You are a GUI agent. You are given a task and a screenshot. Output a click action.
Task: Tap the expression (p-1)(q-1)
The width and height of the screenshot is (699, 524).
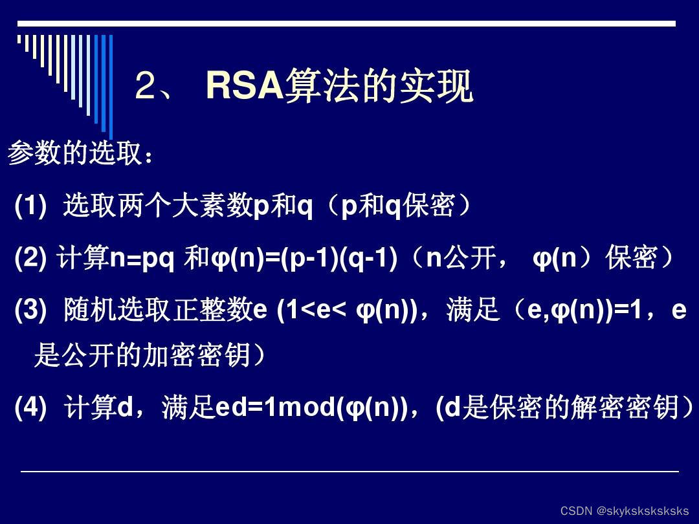tap(338, 259)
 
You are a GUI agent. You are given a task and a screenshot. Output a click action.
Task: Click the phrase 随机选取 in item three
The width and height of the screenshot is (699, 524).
tap(116, 311)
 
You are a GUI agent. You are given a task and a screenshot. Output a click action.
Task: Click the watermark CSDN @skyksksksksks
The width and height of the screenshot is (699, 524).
tap(625, 511)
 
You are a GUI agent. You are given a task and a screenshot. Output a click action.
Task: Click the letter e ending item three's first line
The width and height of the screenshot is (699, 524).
tap(678, 311)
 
